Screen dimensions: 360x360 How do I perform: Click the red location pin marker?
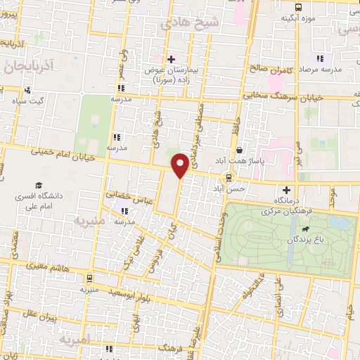(180, 165)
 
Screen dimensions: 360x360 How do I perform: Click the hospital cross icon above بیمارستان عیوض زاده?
(171, 58)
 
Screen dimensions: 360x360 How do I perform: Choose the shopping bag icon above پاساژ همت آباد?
(240, 150)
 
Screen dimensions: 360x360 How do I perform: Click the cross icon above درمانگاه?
(286, 189)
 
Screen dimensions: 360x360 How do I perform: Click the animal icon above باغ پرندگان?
(306, 229)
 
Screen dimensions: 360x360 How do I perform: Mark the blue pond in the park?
(337, 224)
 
